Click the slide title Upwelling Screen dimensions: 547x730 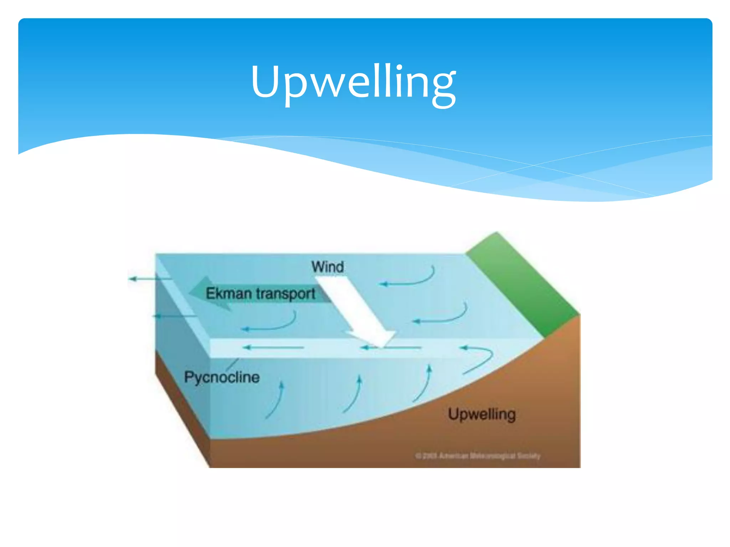coord(353,83)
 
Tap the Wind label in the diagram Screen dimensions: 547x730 coord(328,267)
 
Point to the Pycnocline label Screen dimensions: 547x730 coord(222,377)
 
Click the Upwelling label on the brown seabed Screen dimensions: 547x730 coord(482,414)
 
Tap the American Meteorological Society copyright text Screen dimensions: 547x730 coord(478,456)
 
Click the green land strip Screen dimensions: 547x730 coord(520,281)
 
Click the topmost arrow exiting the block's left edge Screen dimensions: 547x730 coord(150,279)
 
